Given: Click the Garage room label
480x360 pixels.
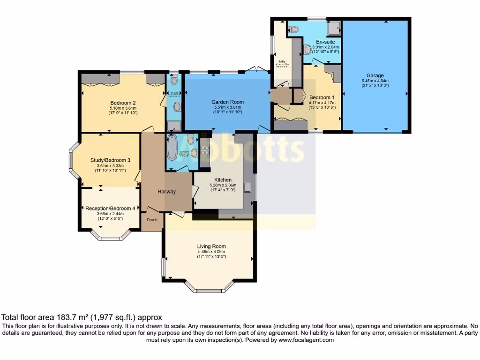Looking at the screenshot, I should point(375,75).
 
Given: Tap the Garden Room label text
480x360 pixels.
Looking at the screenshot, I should point(227,102).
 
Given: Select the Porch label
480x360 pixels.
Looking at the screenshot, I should point(152,219).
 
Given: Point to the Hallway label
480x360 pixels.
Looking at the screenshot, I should point(166,191).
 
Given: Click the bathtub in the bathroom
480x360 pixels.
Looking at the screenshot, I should point(172,148).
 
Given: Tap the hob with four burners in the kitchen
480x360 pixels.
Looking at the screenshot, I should point(205,151).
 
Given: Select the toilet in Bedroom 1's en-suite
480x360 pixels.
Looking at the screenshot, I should point(293,29).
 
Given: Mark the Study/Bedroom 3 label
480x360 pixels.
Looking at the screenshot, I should point(110,160).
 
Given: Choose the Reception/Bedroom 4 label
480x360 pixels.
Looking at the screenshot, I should point(110,208).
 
